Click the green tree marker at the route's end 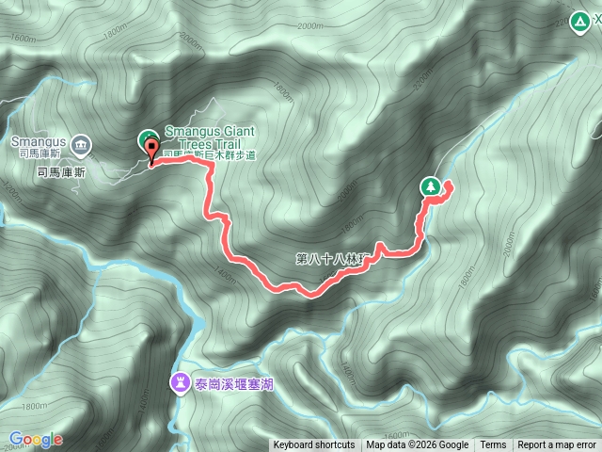pyautogui.click(x=431, y=186)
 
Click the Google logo pyautogui.click(x=36, y=439)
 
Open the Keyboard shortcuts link pyautogui.click(x=314, y=445)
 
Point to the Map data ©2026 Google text pyautogui.click(x=417, y=445)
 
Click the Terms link pyautogui.click(x=493, y=445)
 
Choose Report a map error pyautogui.click(x=557, y=445)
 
